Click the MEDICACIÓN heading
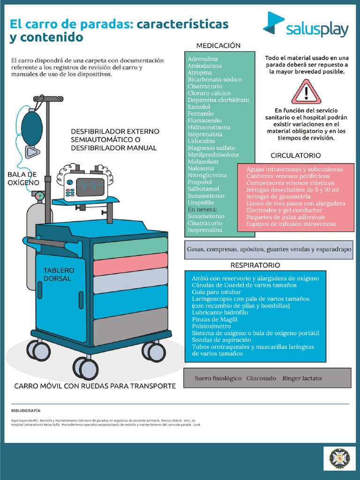tap(218, 45)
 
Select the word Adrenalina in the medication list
tap(202, 59)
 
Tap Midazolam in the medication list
tap(203, 162)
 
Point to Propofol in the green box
tap(200, 182)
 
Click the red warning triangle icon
tap(306, 91)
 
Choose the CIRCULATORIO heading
tap(296, 155)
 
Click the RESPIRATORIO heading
tap(255, 265)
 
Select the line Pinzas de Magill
tap(214, 319)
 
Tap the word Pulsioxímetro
tap(211, 326)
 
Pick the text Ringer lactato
tap(302, 378)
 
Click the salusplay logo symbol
tap(273, 23)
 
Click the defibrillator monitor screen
tap(90, 187)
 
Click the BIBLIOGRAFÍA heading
tap(26, 410)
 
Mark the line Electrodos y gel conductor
tap(284, 210)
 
